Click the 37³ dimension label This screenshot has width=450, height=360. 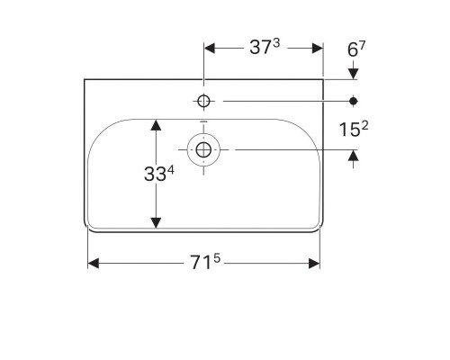point(264,48)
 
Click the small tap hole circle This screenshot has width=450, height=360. point(204,101)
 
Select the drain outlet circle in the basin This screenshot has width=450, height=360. point(204,148)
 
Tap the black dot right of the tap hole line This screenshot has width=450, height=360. point(353,101)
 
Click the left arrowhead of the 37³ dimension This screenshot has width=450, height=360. point(210,48)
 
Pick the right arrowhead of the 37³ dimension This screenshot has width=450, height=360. point(317,48)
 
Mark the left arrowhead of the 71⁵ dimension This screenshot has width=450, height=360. point(93,263)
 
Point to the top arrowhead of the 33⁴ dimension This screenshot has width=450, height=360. point(157,125)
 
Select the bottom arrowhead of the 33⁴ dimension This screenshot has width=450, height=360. point(157,222)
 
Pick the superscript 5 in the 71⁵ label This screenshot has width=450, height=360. point(216,258)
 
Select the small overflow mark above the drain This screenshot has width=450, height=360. point(204,122)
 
